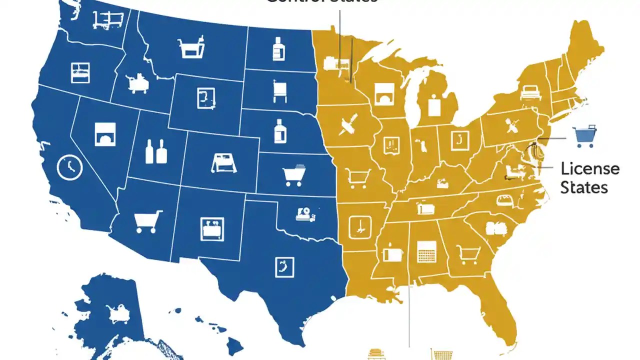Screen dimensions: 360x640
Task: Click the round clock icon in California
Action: click(69, 167)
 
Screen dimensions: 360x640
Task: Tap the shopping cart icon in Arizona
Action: click(148, 221)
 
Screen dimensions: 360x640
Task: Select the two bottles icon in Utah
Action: click(155, 151)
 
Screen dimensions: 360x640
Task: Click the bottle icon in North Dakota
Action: click(278, 49)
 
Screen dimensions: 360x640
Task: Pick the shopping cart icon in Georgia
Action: click(468, 255)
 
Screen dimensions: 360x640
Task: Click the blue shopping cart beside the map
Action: click(584, 136)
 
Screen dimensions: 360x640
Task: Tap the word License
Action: click(590, 168)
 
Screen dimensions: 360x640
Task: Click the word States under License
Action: click(584, 187)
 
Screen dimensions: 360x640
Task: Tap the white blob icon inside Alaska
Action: click(118, 313)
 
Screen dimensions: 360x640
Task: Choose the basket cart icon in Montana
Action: click(190, 47)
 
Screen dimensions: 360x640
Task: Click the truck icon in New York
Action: click(530, 92)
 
